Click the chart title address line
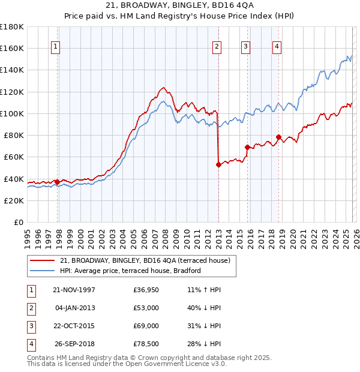pos(179,5)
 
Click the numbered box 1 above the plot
pos(55,47)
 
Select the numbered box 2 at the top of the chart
pos(216,47)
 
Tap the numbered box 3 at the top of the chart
pos(247,47)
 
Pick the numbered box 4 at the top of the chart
pos(277,47)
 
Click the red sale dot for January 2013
pos(218,164)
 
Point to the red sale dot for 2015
pos(247,147)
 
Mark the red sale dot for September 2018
pos(278,137)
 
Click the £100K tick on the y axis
pos(12,113)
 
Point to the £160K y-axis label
pos(12,48)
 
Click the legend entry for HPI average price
pos(130,271)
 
